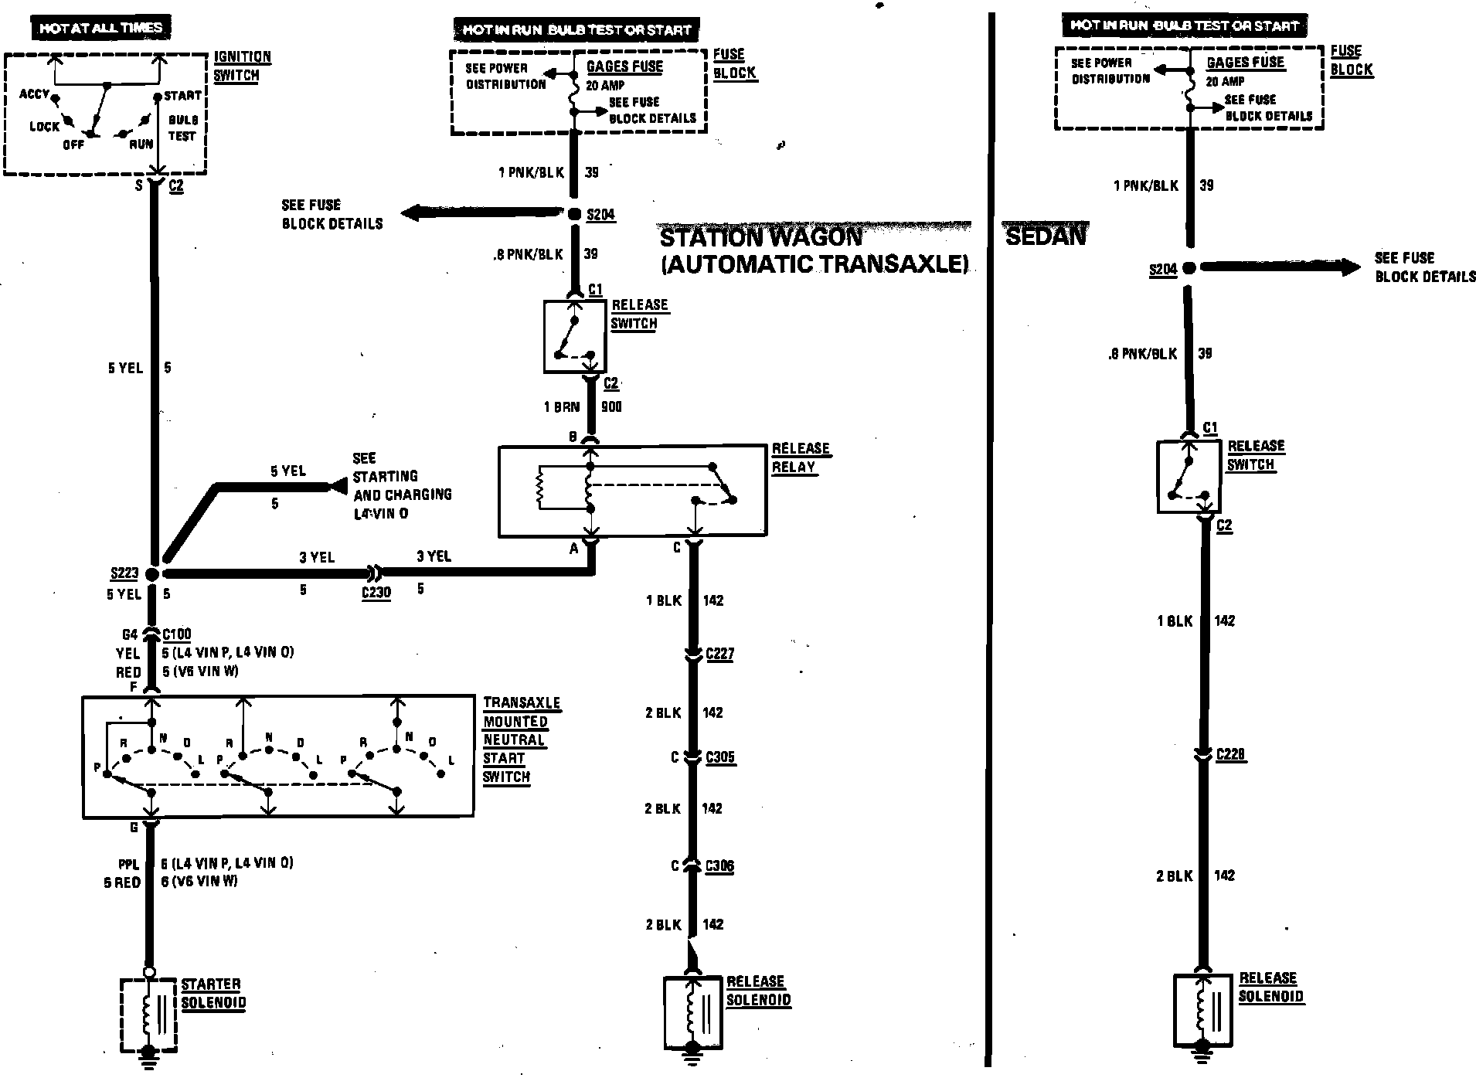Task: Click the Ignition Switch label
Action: click(242, 66)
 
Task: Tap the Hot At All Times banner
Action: click(100, 29)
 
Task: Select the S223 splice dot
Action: click(152, 574)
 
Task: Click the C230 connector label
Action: click(376, 593)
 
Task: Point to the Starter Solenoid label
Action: click(213, 994)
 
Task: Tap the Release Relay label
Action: click(800, 457)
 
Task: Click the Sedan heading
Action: click(1046, 236)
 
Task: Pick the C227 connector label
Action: click(719, 654)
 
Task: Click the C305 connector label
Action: click(720, 758)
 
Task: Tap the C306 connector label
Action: click(719, 866)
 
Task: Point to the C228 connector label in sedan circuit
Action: click(1230, 754)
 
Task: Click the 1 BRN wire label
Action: click(562, 406)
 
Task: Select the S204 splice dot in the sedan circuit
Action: click(1189, 267)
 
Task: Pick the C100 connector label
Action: click(177, 634)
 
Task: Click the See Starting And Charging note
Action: click(401, 485)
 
